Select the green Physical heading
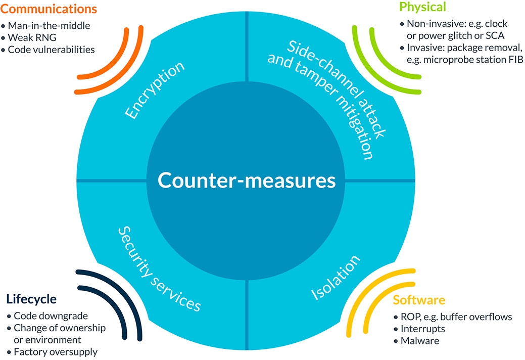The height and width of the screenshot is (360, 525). (x=422, y=7)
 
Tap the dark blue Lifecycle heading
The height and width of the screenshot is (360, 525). (x=31, y=299)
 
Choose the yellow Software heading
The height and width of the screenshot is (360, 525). (x=419, y=300)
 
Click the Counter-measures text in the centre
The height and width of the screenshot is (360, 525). (x=246, y=180)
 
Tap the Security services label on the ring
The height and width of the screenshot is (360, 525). (x=160, y=268)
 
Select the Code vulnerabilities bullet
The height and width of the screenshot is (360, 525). (x=51, y=50)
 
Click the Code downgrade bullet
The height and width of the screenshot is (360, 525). (x=51, y=316)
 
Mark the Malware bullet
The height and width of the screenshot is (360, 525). (x=420, y=341)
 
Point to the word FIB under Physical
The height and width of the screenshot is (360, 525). (x=514, y=60)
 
